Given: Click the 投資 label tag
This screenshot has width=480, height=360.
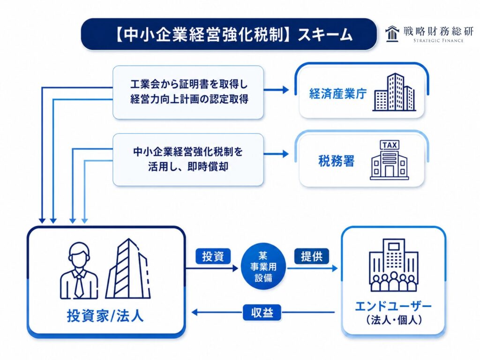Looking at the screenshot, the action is click(213, 256).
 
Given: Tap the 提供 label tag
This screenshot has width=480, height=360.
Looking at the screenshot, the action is click(312, 256).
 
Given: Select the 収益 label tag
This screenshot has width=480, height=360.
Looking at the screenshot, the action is click(262, 313).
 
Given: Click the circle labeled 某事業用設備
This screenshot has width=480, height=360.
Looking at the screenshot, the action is click(263, 267).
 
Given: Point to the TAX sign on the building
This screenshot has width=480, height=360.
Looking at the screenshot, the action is click(390, 145).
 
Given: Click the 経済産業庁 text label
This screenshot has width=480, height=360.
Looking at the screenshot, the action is click(338, 94).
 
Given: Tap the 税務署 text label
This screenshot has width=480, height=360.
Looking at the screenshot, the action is click(337, 161).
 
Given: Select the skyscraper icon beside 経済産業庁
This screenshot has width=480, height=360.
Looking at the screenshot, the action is click(394, 92).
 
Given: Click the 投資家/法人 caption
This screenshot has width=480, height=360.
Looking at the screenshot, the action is click(105, 315).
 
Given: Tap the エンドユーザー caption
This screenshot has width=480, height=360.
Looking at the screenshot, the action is click(393, 306).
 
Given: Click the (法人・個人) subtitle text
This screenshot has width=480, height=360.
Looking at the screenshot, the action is click(394, 320).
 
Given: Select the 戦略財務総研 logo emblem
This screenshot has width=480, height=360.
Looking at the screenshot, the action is click(392, 33).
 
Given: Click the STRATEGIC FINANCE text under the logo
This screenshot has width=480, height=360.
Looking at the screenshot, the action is click(438, 40).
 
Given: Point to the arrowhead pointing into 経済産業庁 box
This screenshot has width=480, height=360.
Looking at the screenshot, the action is click(285, 90).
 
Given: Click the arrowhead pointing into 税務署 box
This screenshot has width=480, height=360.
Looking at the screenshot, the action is click(285, 154).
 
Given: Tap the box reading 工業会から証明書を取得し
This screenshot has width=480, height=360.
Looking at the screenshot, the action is click(188, 92).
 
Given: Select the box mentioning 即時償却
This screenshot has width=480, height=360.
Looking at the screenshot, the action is click(188, 159).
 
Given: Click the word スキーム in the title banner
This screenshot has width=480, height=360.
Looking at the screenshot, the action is click(325, 35).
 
